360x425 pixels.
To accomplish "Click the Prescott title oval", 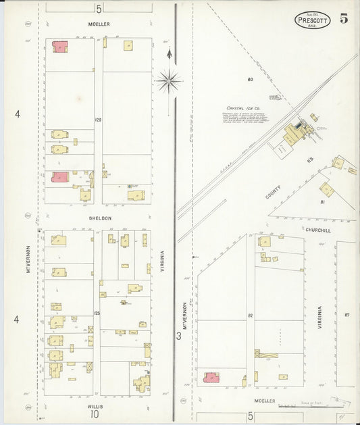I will pos(313,20).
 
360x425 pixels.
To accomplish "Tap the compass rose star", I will pos(168,80).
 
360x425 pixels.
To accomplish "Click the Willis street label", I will pos(96,406).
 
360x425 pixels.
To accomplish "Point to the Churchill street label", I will pos(317,230).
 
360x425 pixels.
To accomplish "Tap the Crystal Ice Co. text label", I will pos(243,107).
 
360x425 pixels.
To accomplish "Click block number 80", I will pos(250,80).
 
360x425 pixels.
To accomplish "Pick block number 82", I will pos(250,316).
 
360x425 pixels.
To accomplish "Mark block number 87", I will pos(346,316).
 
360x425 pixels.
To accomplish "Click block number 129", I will pos(98,120).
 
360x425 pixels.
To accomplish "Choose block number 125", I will pos(97,313).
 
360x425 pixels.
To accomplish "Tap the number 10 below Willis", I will pos(95,415).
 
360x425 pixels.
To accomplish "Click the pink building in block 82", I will pos(211,378).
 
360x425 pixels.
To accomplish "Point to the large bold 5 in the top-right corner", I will pos(344,19).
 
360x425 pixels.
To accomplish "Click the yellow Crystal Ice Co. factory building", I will pos(293,134).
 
